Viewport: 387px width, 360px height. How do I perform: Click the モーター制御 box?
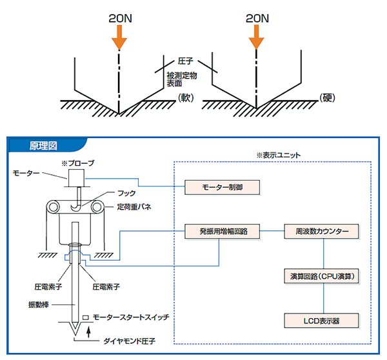(x=222, y=188)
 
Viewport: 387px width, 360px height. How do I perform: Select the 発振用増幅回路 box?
(x=222, y=230)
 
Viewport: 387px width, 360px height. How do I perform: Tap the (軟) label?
(x=185, y=98)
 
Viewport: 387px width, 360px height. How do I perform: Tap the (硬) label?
(x=328, y=98)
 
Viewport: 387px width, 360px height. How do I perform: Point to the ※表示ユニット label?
(x=279, y=155)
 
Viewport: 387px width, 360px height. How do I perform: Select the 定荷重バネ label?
(x=135, y=207)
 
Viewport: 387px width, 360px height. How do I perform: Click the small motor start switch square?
(x=85, y=318)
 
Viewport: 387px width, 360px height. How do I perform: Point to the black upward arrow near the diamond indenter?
(x=88, y=334)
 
